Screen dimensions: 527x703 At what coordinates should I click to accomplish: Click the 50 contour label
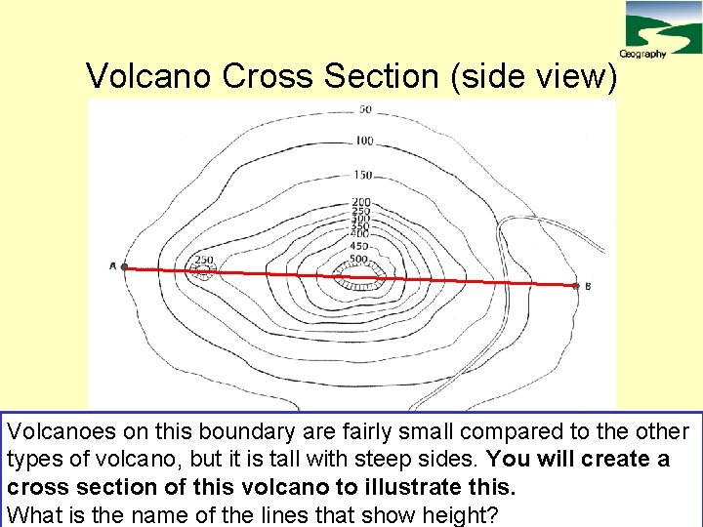(365, 109)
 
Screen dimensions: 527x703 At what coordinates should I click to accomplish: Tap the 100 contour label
(363, 142)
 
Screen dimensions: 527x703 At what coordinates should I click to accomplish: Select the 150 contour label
(363, 176)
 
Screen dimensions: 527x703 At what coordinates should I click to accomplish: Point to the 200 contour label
(360, 203)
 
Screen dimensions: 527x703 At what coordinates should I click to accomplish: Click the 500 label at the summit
(358, 260)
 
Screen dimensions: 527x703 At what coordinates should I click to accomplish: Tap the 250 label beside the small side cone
(203, 260)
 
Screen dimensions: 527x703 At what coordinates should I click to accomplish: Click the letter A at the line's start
(113, 265)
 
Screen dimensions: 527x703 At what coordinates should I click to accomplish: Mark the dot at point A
(125, 266)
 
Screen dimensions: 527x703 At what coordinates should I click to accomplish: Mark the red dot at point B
(575, 285)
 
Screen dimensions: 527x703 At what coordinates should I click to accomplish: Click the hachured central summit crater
(357, 279)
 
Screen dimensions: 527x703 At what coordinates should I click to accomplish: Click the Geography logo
(659, 29)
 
